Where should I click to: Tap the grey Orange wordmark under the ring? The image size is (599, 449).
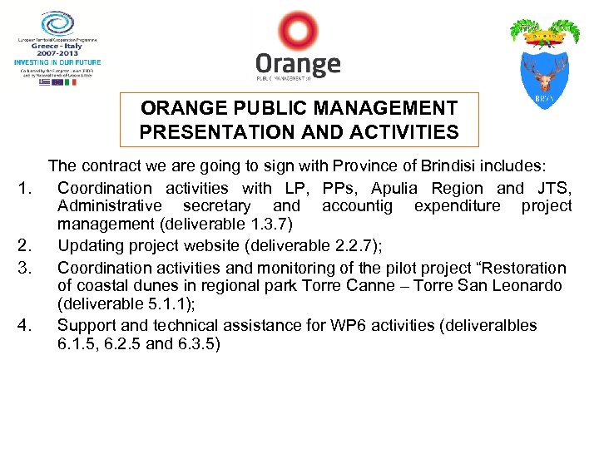point(298,65)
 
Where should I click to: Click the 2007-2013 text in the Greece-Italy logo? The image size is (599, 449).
point(57,52)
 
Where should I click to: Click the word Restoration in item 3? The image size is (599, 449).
point(520,268)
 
